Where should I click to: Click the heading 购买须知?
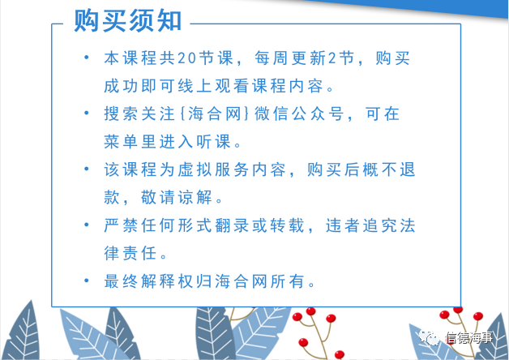pyautogui.click(x=127, y=21)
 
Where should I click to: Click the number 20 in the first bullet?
pyautogui.click(x=187, y=58)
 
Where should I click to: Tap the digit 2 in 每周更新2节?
pyautogui.click(x=331, y=58)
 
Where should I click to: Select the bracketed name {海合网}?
pyautogui.click(x=215, y=114)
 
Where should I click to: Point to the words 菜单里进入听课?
pyautogui.click(x=168, y=142)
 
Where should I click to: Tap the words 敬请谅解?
pyautogui.click(x=177, y=197)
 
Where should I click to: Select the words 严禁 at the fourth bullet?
pyautogui.click(x=121, y=225)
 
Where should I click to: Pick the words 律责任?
pyautogui.click(x=130, y=253)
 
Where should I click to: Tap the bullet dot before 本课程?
pyautogui.click(x=87, y=58)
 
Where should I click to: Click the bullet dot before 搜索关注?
pyautogui.click(x=87, y=113)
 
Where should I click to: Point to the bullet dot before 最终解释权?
pyautogui.click(x=87, y=281)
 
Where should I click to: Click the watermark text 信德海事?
pyautogui.click(x=469, y=337)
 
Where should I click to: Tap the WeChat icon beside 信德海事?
pyautogui.click(x=429, y=337)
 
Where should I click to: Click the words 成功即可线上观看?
pyautogui.click(x=177, y=86)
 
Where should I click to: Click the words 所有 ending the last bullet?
pyautogui.click(x=287, y=281)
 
